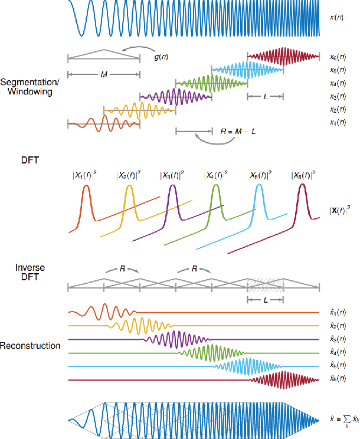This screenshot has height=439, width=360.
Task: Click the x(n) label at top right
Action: (x=338, y=18)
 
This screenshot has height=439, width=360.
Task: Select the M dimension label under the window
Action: (x=104, y=74)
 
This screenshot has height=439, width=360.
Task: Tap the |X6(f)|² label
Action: (x=303, y=175)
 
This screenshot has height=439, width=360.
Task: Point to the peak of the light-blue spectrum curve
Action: (x=258, y=186)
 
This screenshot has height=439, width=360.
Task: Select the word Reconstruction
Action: (x=31, y=345)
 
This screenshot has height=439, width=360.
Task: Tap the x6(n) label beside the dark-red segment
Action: (x=338, y=57)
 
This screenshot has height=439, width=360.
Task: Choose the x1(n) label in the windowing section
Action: (x=338, y=123)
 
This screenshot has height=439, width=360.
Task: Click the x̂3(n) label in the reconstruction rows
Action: (x=338, y=339)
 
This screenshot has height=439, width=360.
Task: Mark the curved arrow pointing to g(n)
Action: (x=132, y=49)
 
